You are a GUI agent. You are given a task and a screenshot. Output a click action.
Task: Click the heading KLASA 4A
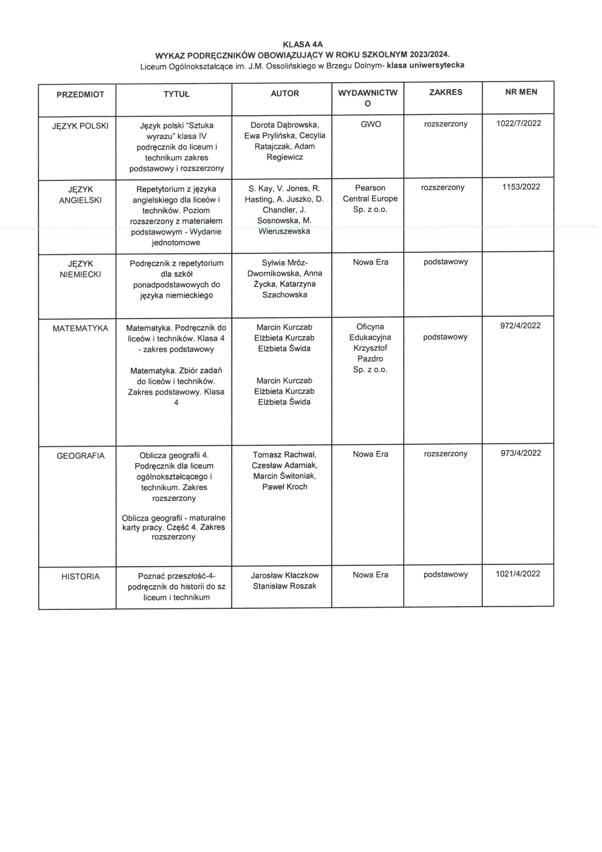(303, 45)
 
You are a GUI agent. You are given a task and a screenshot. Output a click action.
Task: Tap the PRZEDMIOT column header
(80, 95)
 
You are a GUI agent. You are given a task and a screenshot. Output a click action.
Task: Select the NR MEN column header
(521, 92)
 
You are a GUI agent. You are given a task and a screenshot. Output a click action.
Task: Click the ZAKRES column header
(445, 93)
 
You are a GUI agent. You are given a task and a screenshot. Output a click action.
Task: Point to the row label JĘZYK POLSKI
(80, 126)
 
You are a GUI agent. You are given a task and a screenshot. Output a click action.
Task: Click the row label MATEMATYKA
(80, 328)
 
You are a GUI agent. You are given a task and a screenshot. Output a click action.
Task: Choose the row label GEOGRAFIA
(80, 456)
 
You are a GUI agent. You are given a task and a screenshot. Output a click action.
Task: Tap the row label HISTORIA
(80, 577)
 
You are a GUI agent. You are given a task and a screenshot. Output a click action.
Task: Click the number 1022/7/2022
(519, 123)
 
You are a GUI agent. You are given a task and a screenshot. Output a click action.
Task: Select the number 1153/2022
(521, 187)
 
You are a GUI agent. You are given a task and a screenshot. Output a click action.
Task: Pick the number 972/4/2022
(520, 326)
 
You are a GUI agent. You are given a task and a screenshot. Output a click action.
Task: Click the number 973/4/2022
(521, 453)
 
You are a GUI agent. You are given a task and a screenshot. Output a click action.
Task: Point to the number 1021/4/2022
(518, 574)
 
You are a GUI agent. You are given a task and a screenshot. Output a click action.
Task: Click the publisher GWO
(371, 124)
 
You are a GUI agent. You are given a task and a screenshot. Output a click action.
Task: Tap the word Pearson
(370, 188)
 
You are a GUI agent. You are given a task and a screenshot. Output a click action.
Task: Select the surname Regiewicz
(284, 157)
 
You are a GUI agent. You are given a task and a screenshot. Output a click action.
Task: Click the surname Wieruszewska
(284, 232)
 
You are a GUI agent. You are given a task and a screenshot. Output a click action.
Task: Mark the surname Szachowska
(284, 295)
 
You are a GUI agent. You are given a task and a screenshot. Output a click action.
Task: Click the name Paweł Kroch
(284, 487)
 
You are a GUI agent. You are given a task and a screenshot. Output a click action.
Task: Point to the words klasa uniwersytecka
(425, 65)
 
